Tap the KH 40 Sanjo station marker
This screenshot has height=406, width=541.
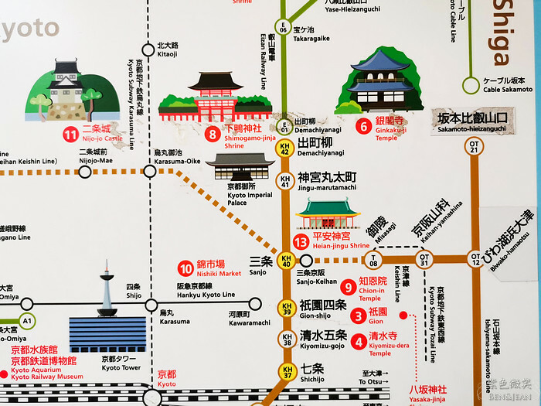click(286, 261)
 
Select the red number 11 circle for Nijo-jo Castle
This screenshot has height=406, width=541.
click(70, 136)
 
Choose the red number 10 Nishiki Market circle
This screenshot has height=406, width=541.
click(185, 269)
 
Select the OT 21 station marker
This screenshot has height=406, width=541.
click(475, 148)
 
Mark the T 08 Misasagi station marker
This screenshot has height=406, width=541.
click(375, 258)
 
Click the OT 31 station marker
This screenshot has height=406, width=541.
click(423, 258)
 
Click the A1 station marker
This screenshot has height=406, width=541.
click(28, 321)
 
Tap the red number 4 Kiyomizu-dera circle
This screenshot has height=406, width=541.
click(358, 340)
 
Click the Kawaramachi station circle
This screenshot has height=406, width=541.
click(255, 303)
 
